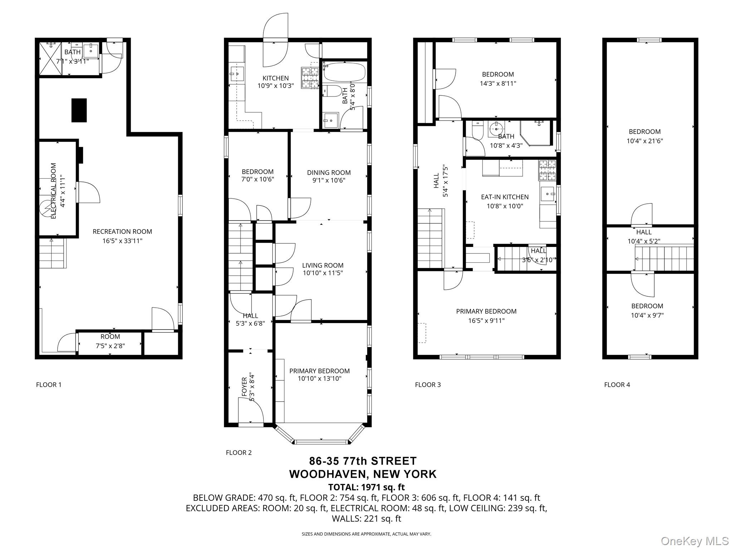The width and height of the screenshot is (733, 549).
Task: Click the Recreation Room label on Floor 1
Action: [x=122, y=232]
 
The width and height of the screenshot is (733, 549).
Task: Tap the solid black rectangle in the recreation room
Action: [x=79, y=110]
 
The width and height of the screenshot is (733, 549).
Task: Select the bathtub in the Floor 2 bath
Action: [x=344, y=72]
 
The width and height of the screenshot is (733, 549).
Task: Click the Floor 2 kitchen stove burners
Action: [x=310, y=78]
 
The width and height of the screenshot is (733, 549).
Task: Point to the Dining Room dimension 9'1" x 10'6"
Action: [x=329, y=180]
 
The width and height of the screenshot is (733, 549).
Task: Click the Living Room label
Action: [x=322, y=265]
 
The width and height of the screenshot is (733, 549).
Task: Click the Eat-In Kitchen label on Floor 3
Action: [x=505, y=197]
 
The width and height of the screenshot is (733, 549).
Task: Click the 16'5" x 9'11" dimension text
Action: [x=486, y=321]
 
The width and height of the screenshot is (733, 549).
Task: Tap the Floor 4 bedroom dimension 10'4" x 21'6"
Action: [x=645, y=141]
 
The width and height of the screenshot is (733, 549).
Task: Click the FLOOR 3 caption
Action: [x=428, y=385]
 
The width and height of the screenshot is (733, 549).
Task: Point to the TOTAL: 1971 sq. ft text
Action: [x=366, y=487]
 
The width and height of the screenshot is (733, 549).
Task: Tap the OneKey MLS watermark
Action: [x=694, y=541]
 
